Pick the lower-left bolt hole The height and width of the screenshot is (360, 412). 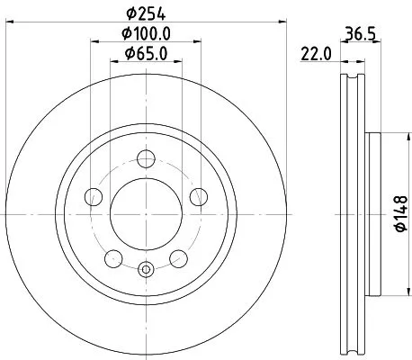pos(113,258)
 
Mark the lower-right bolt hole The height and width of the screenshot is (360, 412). pos(178,258)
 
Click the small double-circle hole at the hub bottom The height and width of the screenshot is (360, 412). pos(146,268)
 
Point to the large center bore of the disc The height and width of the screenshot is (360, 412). pos(146,216)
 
